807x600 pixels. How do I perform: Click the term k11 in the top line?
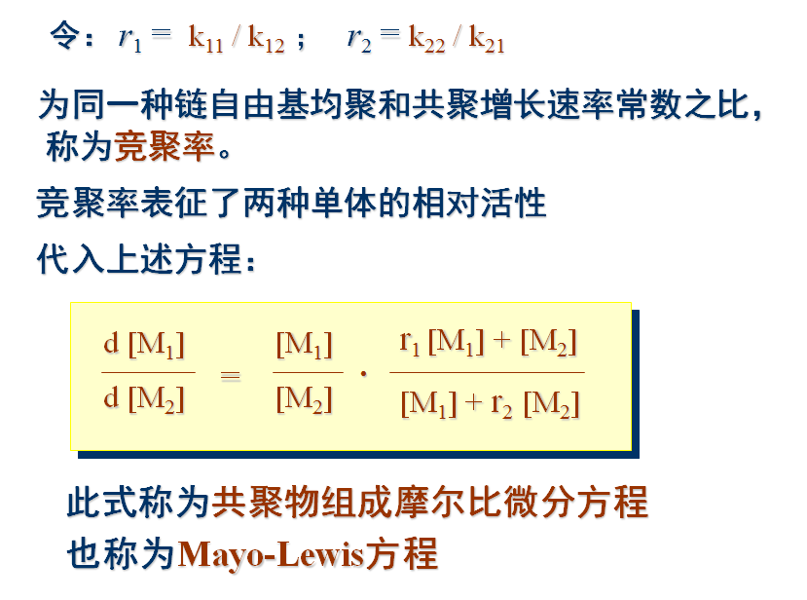pos(207,39)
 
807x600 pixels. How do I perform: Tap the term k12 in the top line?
pos(266,39)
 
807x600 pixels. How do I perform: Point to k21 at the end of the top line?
pos(486,39)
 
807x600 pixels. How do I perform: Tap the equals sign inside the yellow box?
pos(231,375)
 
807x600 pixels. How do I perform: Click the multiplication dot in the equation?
pos(364,373)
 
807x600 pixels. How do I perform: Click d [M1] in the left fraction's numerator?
pos(144,345)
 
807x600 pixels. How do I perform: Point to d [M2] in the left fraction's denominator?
pos(144,397)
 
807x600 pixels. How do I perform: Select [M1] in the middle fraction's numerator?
pos(305,345)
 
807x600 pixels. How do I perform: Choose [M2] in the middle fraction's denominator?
pos(305,399)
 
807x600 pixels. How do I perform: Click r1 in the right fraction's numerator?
pos(410,342)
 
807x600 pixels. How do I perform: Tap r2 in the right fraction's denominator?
pos(501,404)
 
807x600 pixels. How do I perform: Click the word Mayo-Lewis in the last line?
pos(272,554)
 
